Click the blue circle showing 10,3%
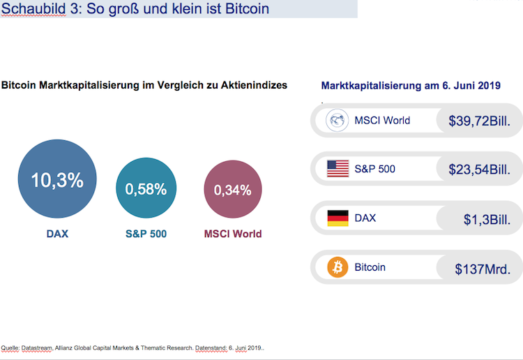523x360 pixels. tap(56, 180)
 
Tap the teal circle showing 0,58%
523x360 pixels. tap(145, 188)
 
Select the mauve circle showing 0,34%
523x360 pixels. tap(232, 189)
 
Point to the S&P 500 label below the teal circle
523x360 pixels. tap(145, 234)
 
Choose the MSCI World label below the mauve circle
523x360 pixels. tap(232, 234)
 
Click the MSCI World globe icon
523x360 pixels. tap(338, 120)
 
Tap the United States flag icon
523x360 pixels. tap(338, 168)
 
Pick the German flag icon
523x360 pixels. tap(338, 218)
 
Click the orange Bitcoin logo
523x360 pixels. tap(338, 267)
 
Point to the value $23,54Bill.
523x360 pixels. tap(479, 170)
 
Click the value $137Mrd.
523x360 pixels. tap(482, 269)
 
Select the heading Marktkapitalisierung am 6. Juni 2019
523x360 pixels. tap(411, 86)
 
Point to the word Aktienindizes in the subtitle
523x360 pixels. tap(253, 86)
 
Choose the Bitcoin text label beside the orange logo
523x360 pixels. tap(370, 267)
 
